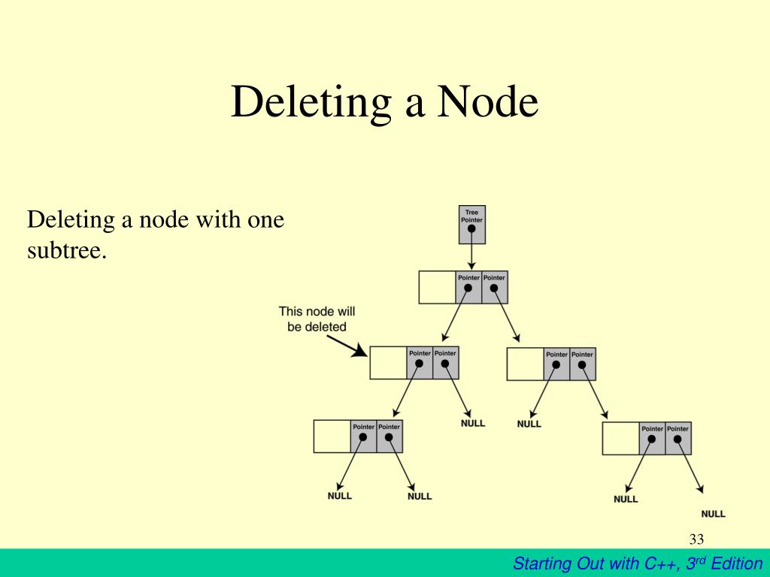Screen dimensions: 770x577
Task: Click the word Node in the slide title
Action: tap(488, 103)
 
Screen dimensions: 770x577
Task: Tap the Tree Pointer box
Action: tap(471, 225)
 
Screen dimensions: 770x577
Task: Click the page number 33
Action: tap(696, 539)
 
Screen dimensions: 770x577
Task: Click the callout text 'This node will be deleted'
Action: tap(317, 319)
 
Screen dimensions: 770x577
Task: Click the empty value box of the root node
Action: tap(437, 288)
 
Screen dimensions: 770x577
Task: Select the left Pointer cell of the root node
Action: tap(468, 288)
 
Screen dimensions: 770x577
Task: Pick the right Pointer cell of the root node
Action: tap(494, 288)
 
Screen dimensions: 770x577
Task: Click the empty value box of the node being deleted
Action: tap(388, 364)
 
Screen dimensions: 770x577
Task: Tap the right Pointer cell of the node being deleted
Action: tap(445, 364)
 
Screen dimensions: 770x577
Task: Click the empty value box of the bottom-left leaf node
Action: tap(332, 437)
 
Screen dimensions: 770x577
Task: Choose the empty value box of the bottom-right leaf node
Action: tap(620, 439)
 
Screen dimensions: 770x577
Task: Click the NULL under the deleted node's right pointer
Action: tap(473, 423)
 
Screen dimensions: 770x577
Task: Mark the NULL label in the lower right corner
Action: tap(713, 514)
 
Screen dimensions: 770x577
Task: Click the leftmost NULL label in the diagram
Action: tap(339, 496)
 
